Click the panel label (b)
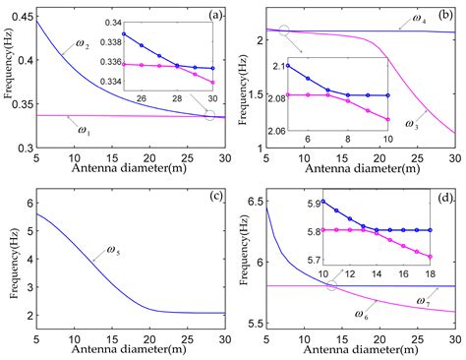point(446,14)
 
